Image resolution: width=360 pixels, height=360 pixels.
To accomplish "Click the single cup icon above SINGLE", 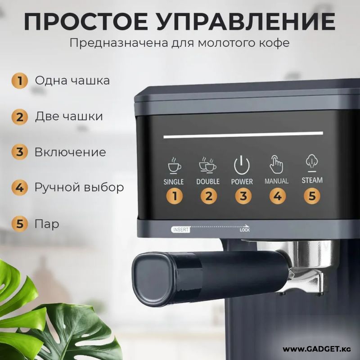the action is click(175, 166).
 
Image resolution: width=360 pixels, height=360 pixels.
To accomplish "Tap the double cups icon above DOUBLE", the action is click(207, 165).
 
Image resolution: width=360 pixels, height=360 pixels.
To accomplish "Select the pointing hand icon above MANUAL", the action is click(276, 164).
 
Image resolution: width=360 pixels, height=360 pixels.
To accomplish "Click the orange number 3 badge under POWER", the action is click(243, 196).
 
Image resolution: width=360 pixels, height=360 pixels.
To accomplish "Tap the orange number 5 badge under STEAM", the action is click(312, 196).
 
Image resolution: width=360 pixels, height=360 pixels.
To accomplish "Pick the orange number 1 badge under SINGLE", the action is click(175, 196).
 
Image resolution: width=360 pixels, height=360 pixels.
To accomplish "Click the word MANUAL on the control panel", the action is click(276, 181).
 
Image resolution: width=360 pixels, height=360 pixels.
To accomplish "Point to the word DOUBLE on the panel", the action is click(208, 182).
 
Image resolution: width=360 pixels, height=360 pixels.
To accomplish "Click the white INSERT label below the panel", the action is click(181, 229).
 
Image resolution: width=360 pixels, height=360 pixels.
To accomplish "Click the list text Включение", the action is click(70, 152).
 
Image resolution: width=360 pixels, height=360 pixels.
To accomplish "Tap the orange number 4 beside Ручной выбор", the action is click(20, 188).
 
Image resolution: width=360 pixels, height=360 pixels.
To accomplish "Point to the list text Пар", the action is click(47, 224).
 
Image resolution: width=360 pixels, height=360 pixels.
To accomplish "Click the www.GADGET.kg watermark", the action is click(317, 349).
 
